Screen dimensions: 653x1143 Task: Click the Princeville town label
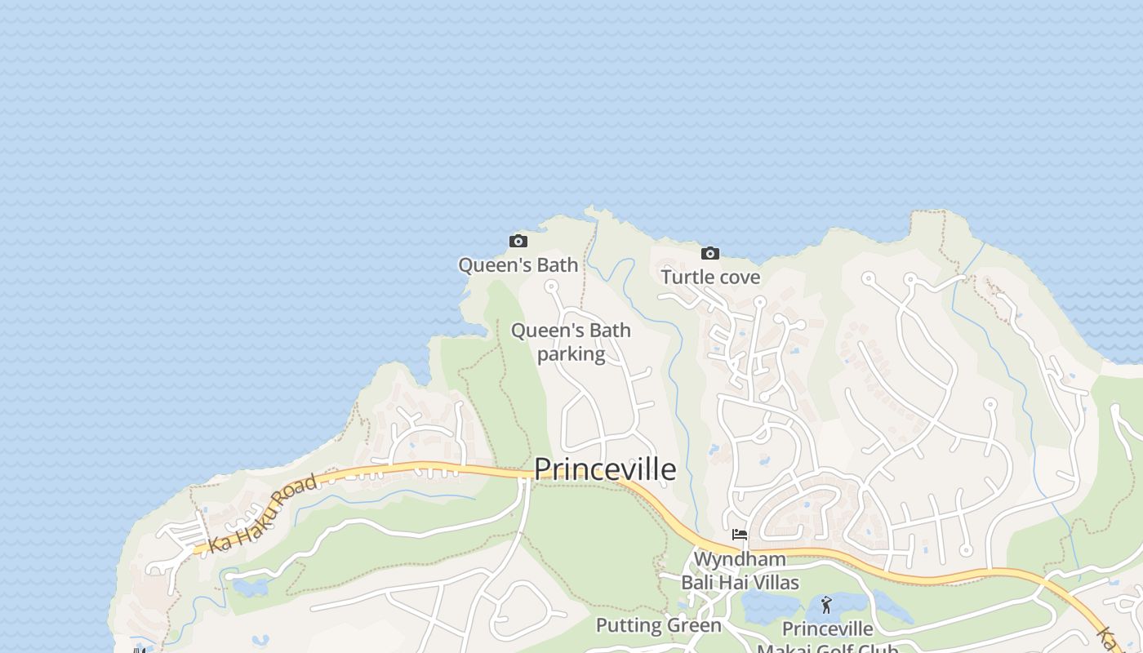point(605,469)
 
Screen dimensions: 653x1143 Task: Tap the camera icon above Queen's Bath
point(518,241)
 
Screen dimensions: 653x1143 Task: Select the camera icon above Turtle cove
point(710,253)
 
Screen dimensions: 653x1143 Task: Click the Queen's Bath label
point(518,264)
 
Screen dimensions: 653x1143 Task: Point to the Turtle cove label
point(710,277)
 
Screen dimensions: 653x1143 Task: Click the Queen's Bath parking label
point(571,342)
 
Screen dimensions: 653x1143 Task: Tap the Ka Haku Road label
point(262,514)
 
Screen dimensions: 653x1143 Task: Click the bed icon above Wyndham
point(740,535)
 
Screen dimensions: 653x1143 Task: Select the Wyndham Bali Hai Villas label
point(740,571)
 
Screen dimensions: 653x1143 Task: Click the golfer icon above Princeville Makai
point(826,605)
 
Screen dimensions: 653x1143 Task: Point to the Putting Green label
point(658,626)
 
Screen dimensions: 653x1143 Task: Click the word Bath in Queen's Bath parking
point(609,331)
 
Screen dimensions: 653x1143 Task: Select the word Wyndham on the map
point(740,559)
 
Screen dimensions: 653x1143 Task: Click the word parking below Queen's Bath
point(571,354)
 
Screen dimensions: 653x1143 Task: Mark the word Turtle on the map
point(686,277)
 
